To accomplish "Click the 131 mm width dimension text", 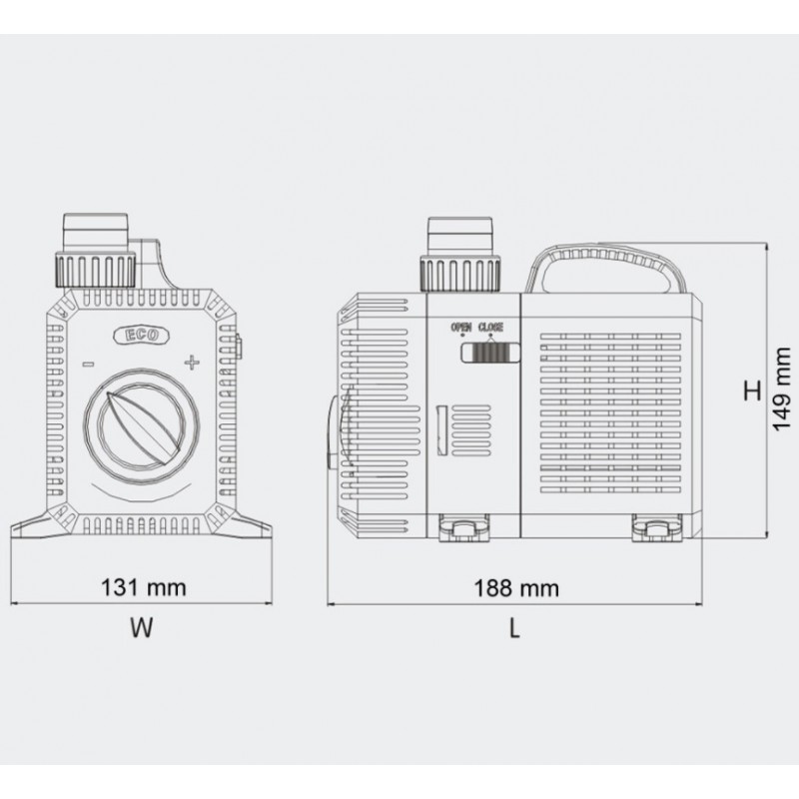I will pyautogui.click(x=145, y=587).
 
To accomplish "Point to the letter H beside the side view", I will pyautogui.click(x=751, y=391).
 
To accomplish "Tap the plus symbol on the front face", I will pyautogui.click(x=191, y=362).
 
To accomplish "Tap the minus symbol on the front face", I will pyautogui.click(x=89, y=364).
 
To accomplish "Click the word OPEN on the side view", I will pyautogui.click(x=462, y=327).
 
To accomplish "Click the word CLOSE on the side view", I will pyautogui.click(x=491, y=327).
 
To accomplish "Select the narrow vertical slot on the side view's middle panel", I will pyautogui.click(x=440, y=428).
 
